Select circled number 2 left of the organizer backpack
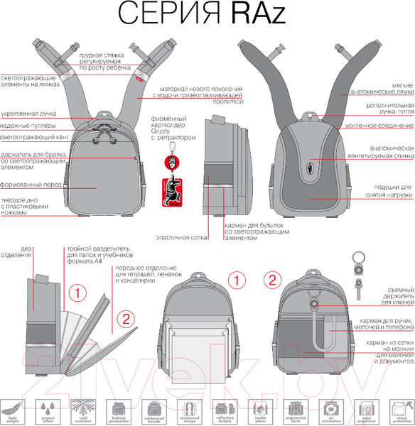pyautogui.click(x=269, y=278)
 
